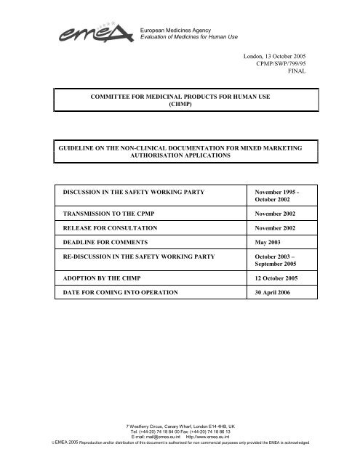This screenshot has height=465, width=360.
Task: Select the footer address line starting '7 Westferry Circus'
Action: [180, 426]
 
